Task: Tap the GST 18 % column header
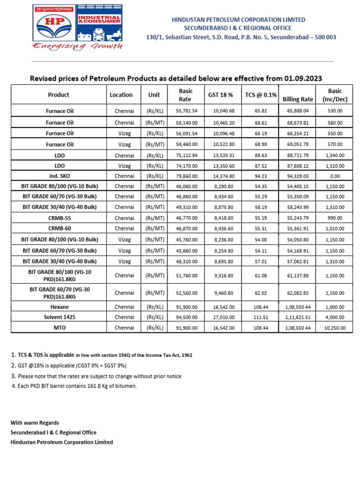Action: pyautogui.click(x=220, y=95)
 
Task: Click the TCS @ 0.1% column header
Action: pyautogui.click(x=261, y=95)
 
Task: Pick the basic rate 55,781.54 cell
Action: pyautogui.click(x=187, y=111)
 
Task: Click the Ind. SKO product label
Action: pyautogui.click(x=60, y=176)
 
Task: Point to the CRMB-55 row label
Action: pyautogui.click(x=60, y=218)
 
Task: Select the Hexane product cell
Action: pyautogui.click(x=60, y=307)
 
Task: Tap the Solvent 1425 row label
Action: pyautogui.click(x=60, y=317)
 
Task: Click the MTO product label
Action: pyautogui.click(x=60, y=328)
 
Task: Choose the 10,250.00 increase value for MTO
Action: pyautogui.click(x=335, y=328)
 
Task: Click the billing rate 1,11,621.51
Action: pyautogui.click(x=298, y=317)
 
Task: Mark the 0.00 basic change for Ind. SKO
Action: pyautogui.click(x=335, y=176)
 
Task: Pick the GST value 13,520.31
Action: pyautogui.click(x=220, y=155)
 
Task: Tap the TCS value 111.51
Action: pyautogui.click(x=261, y=317)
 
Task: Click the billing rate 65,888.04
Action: pyautogui.click(x=298, y=111)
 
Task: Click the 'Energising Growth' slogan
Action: pyautogui.click(x=77, y=46)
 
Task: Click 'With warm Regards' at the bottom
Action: pyautogui.click(x=35, y=422)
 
